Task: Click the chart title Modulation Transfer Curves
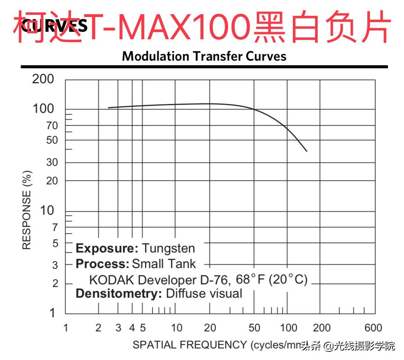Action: coord(204,56)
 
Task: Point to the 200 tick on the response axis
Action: coord(43,79)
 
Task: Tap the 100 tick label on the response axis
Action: coord(43,109)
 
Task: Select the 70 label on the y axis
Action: coord(52,126)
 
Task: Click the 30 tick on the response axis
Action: coord(52,163)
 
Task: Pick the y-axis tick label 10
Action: coord(47,211)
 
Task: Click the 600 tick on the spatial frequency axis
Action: coord(373,328)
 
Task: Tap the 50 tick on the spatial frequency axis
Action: coord(254,328)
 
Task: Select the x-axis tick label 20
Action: coord(210,328)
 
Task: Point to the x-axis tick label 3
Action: coord(118,328)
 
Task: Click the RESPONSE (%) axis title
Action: coord(27,210)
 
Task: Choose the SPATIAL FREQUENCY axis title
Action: coord(189,345)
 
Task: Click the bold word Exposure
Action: coord(107,248)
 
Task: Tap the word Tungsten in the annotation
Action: coord(169,248)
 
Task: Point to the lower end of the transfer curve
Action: coord(307,151)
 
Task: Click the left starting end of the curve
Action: coord(108,108)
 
